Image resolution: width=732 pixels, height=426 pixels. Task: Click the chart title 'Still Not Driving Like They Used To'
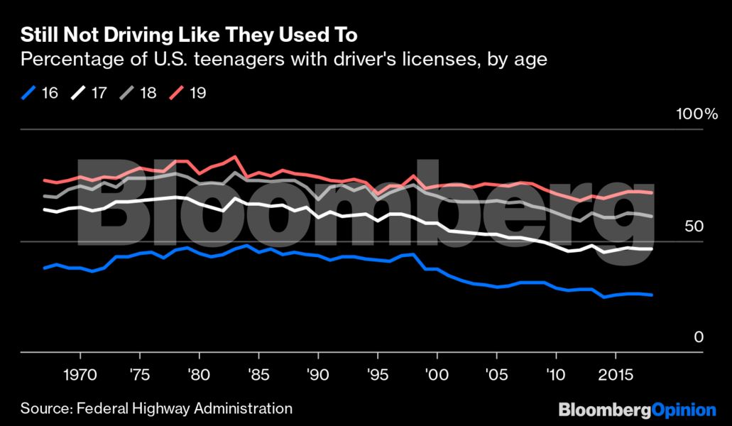click(189, 35)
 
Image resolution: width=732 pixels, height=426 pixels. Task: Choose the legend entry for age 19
click(188, 92)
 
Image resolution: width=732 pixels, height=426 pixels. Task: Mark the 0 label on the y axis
click(699, 338)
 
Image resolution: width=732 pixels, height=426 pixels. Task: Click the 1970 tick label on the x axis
click(80, 373)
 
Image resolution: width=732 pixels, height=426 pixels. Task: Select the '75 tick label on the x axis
click(139, 373)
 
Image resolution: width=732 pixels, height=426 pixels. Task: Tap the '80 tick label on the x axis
click(199, 373)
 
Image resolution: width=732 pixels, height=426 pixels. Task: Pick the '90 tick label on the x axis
click(318, 373)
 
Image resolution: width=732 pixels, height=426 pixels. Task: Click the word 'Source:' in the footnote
click(45, 408)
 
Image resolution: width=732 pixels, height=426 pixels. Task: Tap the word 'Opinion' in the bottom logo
click(683, 410)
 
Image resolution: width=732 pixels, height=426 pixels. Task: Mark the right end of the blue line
click(651, 295)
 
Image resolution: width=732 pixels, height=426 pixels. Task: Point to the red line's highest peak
click(234, 156)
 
